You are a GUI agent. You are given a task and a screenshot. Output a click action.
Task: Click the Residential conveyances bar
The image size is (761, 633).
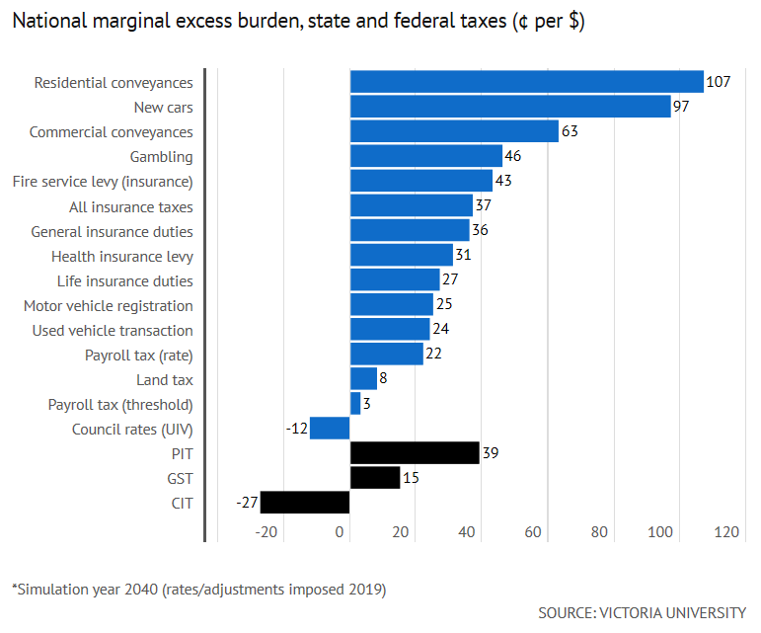point(526,82)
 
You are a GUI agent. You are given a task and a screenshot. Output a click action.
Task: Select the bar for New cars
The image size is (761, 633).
point(510,107)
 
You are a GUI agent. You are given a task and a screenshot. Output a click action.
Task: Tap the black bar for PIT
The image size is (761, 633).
point(415,453)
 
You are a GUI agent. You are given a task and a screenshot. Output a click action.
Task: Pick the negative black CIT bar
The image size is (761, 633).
point(305,503)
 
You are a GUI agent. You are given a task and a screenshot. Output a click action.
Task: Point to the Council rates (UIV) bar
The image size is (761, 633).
point(330,429)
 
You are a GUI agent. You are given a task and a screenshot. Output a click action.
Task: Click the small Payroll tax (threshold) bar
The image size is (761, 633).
point(355,404)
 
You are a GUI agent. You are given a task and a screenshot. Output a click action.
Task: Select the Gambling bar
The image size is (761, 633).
point(426,156)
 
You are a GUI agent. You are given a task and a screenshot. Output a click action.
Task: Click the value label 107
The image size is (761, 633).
point(718,82)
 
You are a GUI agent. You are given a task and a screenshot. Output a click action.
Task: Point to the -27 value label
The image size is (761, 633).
point(247,503)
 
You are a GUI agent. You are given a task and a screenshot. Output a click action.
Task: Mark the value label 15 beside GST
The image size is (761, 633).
point(411,478)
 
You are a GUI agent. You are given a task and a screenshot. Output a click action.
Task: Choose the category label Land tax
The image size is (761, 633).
point(165,379)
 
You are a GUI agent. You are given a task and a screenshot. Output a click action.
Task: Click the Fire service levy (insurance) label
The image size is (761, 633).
point(103,182)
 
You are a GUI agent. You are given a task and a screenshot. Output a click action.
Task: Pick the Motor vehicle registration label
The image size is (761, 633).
point(109,305)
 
